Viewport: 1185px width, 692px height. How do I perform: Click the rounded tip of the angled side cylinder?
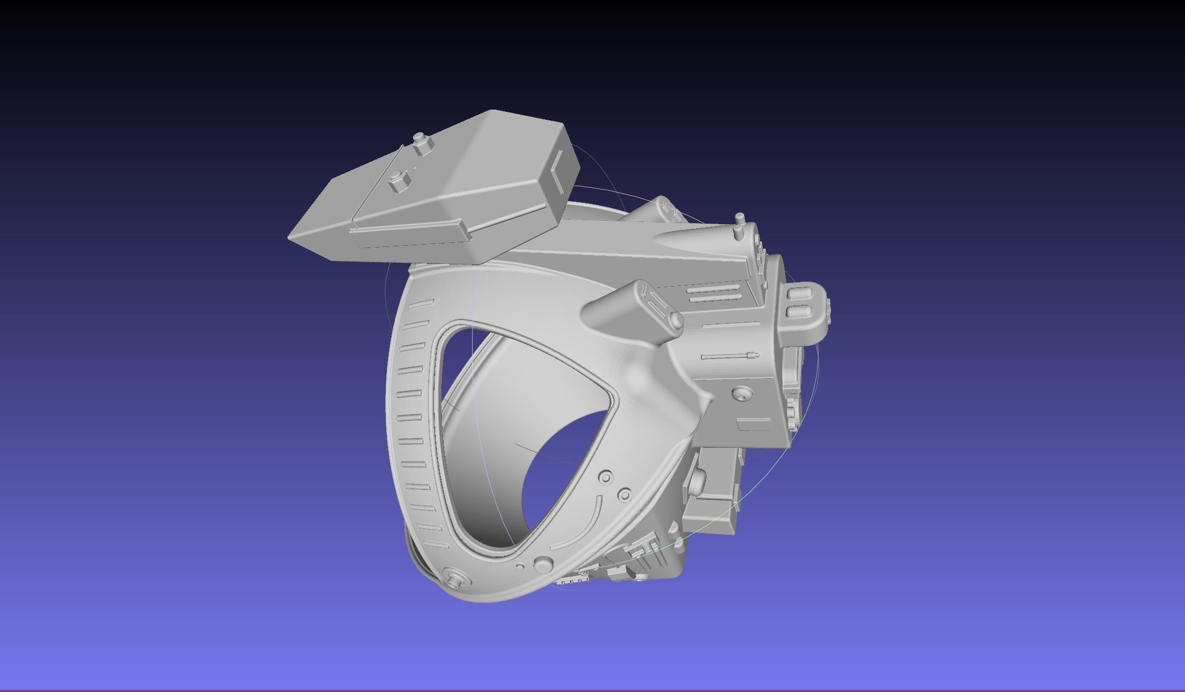coord(674,320)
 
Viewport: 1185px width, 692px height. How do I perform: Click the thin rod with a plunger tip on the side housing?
coord(730,357)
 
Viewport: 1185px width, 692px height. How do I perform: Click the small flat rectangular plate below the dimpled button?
coord(754,424)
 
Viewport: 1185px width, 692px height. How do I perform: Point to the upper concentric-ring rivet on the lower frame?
coord(606,477)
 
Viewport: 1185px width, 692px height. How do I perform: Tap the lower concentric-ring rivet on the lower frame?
coord(625,495)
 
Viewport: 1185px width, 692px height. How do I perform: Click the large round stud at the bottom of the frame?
coord(544,564)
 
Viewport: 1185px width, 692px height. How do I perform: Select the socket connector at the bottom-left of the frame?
coord(456,580)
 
